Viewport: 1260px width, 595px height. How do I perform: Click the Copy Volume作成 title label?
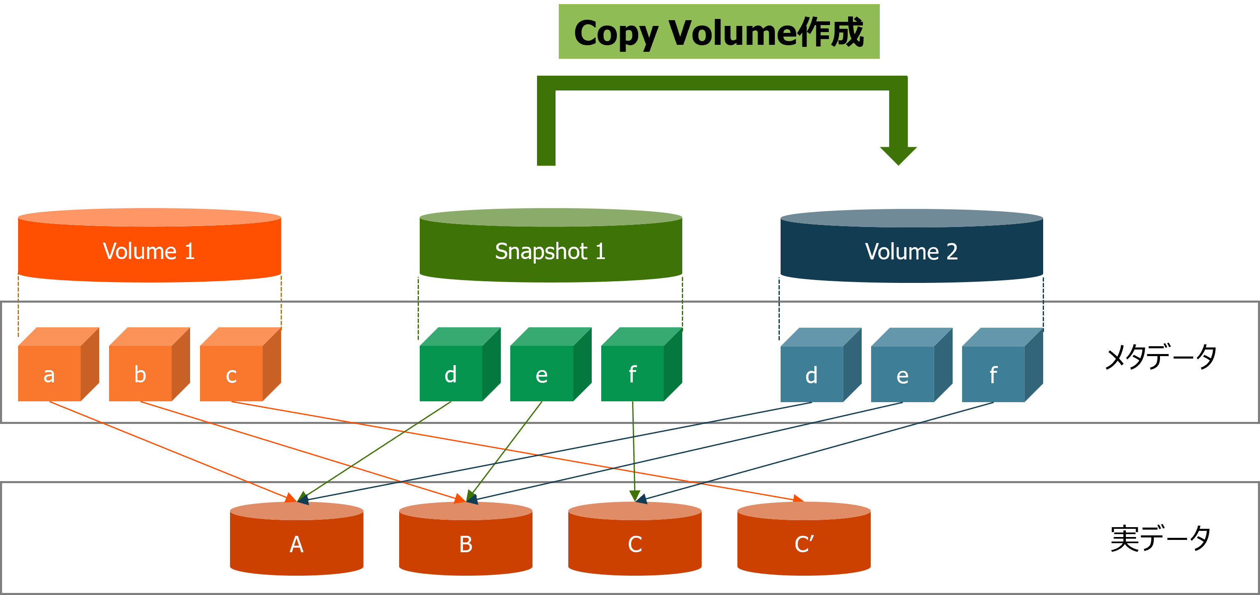pyautogui.click(x=718, y=32)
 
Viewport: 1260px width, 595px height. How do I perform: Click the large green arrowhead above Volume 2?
pyautogui.click(x=898, y=155)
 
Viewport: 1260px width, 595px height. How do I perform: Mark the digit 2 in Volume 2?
pyautogui.click(x=951, y=252)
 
